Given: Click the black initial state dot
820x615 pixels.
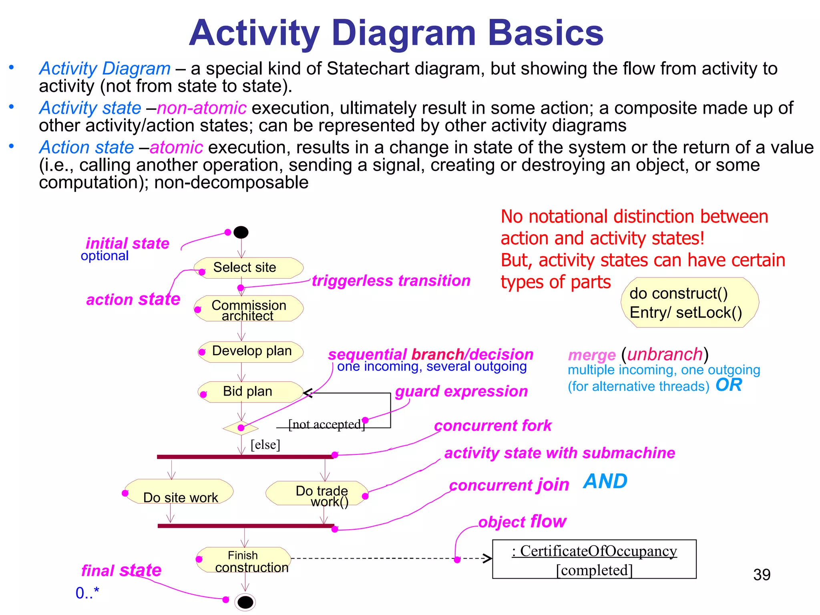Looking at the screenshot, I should (241, 232).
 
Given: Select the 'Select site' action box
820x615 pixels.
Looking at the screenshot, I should (248, 267).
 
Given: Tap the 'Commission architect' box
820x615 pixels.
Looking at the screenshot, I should (249, 309).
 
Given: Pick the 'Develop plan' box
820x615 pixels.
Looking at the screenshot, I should (251, 352).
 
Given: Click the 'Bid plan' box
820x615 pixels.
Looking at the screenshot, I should (250, 391).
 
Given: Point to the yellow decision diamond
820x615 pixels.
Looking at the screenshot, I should (241, 428).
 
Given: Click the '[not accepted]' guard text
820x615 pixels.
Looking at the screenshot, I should (326, 424).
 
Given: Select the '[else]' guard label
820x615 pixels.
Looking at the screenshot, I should (265, 445).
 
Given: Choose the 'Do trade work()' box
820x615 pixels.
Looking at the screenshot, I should (317, 494).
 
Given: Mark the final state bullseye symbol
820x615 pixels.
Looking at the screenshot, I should (245, 602).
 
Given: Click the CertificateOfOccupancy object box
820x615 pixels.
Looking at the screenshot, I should (594, 559).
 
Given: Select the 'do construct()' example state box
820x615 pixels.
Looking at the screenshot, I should (689, 303).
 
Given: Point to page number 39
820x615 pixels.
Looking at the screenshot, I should (762, 575).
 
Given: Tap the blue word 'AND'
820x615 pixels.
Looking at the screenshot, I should (605, 481).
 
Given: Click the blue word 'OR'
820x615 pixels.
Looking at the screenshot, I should (729, 385).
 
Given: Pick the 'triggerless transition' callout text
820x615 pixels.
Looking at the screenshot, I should (391, 281).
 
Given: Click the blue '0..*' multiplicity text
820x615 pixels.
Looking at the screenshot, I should (87, 593).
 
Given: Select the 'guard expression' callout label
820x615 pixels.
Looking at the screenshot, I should (461, 391).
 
